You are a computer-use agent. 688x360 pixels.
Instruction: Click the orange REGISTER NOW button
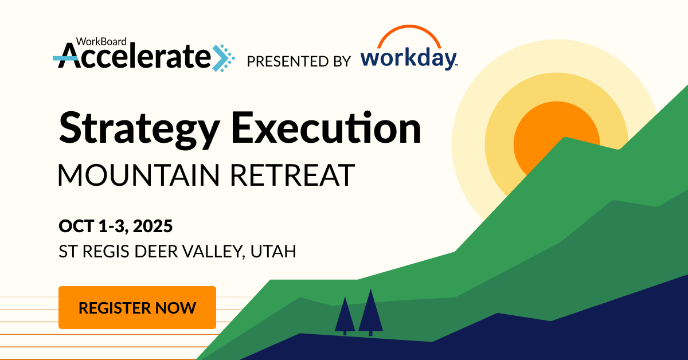click(137, 307)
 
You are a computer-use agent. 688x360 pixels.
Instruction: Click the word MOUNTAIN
click(139, 174)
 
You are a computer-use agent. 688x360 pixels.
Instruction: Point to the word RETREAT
click(293, 174)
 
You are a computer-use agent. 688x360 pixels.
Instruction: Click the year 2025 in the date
click(153, 226)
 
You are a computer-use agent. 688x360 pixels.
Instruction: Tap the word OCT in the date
click(76, 226)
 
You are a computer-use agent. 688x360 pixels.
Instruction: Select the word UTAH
click(273, 251)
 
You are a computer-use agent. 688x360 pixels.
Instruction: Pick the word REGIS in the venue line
click(105, 251)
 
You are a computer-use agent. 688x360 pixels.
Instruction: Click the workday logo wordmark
click(409, 58)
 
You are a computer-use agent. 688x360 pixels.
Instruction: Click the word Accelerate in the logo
click(135, 56)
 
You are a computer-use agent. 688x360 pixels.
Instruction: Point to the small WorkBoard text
click(101, 41)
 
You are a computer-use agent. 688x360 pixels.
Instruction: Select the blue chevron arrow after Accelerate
click(223, 58)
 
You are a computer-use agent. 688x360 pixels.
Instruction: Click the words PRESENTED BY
click(299, 61)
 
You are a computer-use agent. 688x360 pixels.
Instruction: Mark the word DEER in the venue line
click(156, 251)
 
